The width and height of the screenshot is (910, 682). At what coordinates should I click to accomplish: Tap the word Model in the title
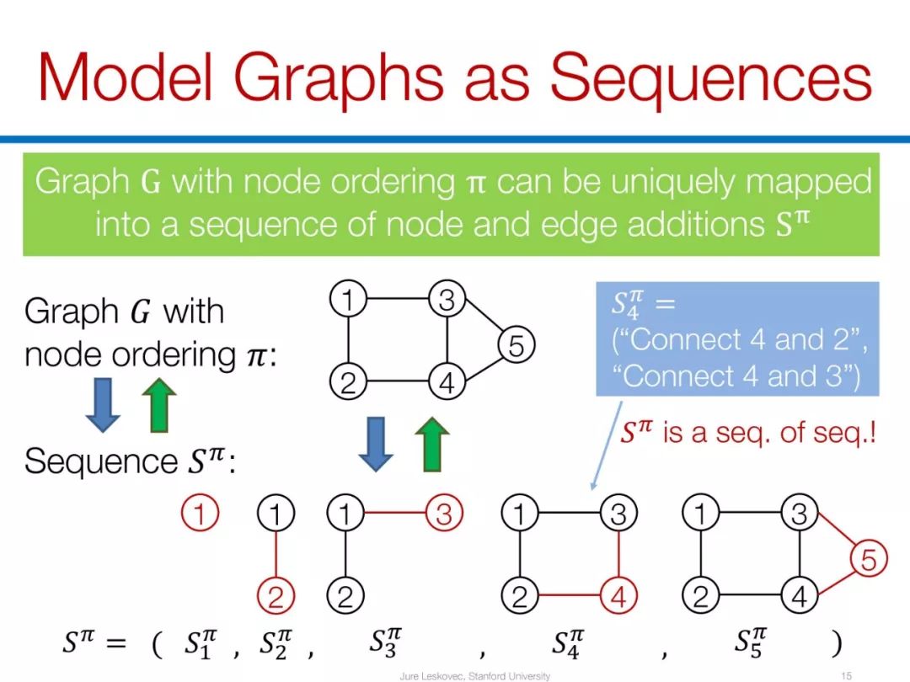coord(126,77)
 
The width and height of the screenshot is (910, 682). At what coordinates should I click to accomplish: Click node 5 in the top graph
coord(517,344)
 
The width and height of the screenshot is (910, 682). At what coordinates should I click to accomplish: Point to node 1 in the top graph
coord(347,299)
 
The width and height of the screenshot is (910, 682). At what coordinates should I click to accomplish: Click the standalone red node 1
coord(200,514)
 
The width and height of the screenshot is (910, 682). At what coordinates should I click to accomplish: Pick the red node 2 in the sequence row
coord(276,597)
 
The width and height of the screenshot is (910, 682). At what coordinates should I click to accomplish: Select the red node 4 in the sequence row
coord(618,597)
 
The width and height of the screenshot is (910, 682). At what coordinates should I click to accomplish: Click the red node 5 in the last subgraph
coord(869,560)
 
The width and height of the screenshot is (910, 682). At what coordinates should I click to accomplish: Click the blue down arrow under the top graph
coord(376,444)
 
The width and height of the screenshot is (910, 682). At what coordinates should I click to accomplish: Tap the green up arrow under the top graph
coord(431,444)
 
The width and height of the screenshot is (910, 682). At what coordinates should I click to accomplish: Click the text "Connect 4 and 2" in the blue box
coord(738,340)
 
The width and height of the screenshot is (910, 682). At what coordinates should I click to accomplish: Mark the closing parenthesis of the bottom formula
coord(835,643)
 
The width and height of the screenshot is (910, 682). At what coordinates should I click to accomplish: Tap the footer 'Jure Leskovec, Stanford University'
coord(474,675)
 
